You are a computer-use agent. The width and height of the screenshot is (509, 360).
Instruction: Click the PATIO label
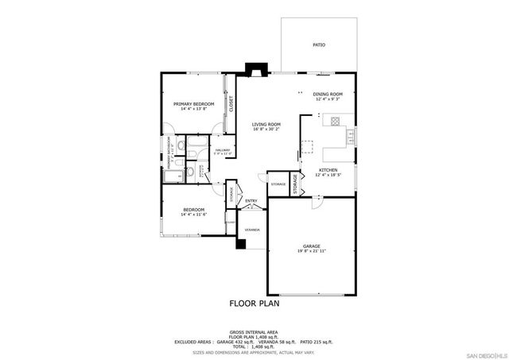point(319,45)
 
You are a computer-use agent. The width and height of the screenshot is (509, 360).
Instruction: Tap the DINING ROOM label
point(327,95)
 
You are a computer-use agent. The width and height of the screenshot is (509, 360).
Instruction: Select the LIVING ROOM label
point(266,124)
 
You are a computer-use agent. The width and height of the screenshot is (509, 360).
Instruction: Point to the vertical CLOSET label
point(231,103)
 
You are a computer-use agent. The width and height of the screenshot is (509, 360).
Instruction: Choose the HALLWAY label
point(222,149)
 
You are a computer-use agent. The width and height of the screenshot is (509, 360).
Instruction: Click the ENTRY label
point(251,200)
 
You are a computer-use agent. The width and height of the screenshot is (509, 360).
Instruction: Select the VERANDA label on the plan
point(252,230)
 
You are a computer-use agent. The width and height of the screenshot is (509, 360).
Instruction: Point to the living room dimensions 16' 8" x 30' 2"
point(266,129)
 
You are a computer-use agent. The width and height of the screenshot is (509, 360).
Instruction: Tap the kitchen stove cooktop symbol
point(335,122)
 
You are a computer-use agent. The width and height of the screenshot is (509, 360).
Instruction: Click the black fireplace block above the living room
point(256,70)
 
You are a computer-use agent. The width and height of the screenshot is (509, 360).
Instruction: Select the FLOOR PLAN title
point(254,303)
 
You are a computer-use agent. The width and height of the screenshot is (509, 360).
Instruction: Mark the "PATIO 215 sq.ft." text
point(317,341)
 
